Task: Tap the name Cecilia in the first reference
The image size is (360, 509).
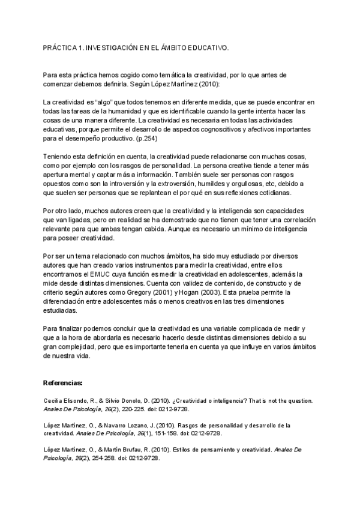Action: tap(54, 400)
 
